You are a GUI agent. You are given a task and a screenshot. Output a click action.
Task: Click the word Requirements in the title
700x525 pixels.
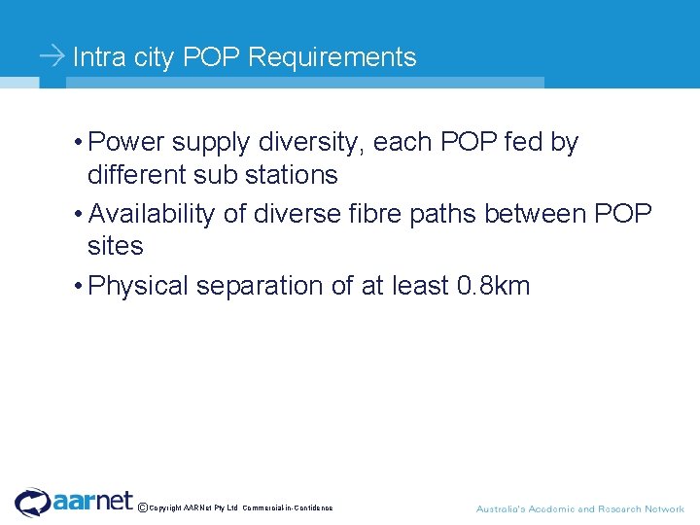coord(332,58)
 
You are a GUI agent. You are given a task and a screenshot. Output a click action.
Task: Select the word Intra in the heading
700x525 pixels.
coord(99,58)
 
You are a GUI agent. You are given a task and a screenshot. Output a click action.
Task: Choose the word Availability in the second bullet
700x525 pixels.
coord(151,214)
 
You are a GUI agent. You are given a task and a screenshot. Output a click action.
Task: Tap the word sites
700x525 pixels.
coord(115,247)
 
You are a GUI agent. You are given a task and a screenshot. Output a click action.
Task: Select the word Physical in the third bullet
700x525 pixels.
coord(138,286)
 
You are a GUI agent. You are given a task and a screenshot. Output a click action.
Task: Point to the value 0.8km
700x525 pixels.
coord(493,286)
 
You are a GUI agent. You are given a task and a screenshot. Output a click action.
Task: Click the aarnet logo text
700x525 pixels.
coord(93,501)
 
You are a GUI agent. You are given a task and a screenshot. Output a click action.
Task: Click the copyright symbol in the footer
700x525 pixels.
coord(143,507)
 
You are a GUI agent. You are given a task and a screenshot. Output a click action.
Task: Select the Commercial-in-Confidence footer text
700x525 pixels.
coord(288,507)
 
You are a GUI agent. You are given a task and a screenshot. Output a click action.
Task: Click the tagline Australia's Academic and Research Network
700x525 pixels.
coord(579,508)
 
